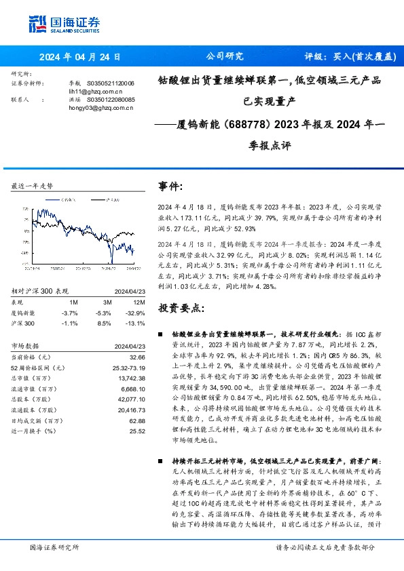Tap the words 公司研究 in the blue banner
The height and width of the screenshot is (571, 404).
click(x=223, y=57)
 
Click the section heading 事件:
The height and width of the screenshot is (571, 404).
click(x=170, y=186)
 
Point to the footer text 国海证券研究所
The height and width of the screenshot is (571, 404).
click(x=55, y=547)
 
